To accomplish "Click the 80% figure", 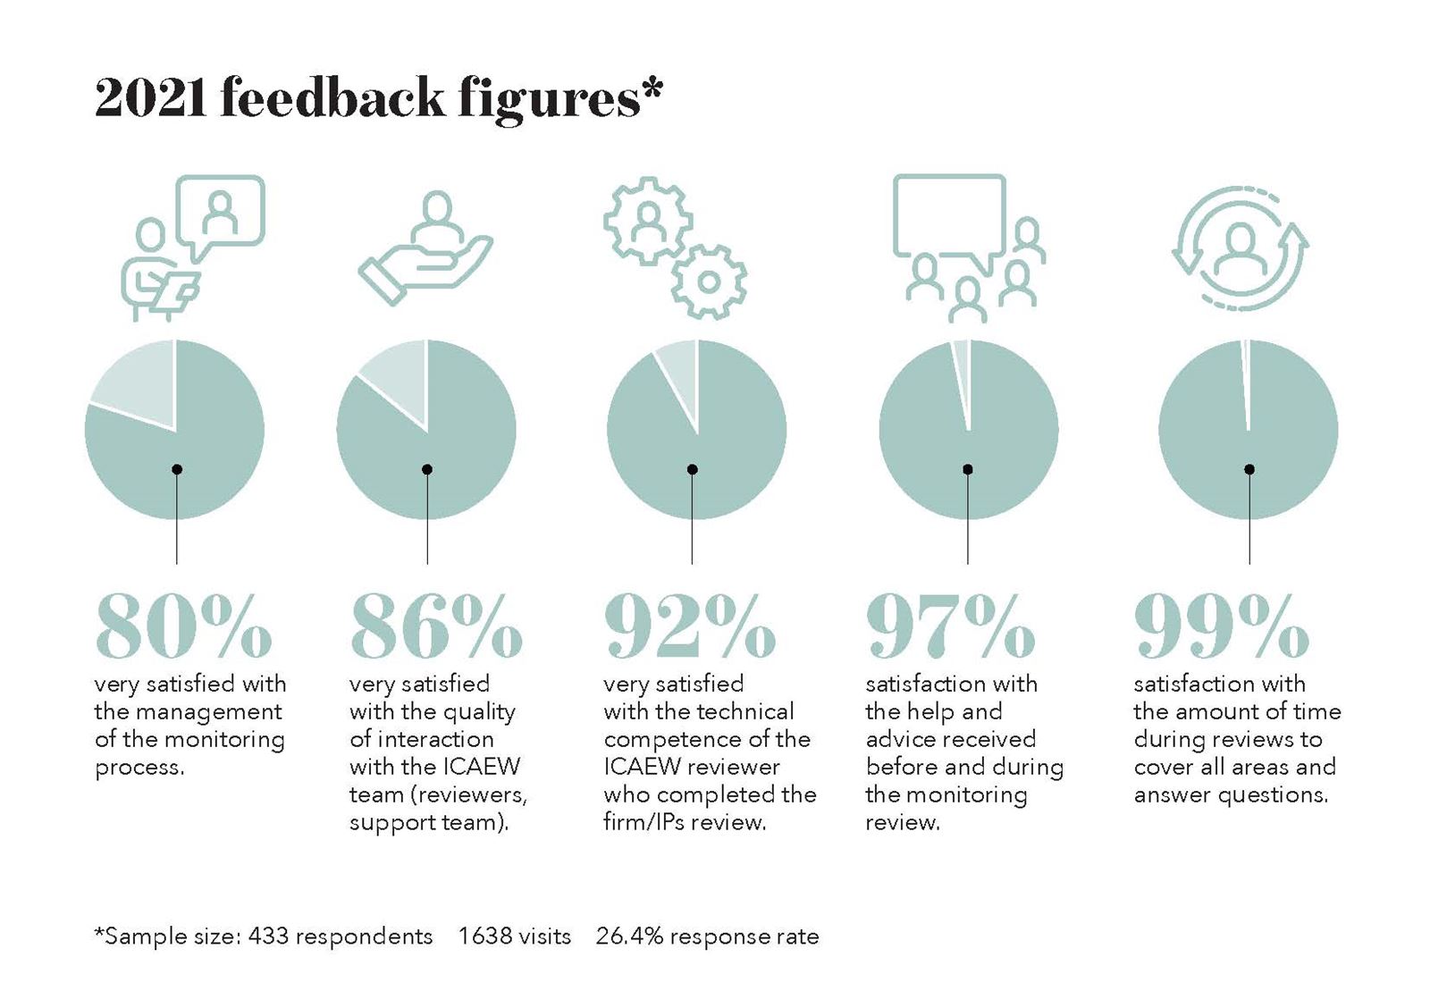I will (x=183, y=626).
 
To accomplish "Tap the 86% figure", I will (x=436, y=626).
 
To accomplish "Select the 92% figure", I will (x=690, y=626).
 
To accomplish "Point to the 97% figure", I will (x=951, y=626).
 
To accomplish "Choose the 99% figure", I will (x=1221, y=626).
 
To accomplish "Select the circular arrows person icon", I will (x=1240, y=248).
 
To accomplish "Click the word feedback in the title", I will (x=332, y=97).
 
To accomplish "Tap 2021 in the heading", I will (x=151, y=97).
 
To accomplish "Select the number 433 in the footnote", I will (x=268, y=936).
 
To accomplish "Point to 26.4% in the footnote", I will (x=629, y=936).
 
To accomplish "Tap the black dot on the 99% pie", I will (x=1249, y=469).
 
